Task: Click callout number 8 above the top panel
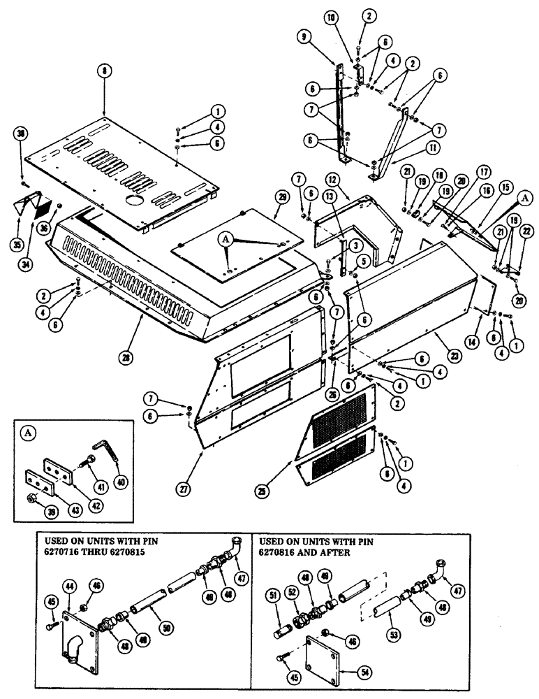(103, 71)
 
